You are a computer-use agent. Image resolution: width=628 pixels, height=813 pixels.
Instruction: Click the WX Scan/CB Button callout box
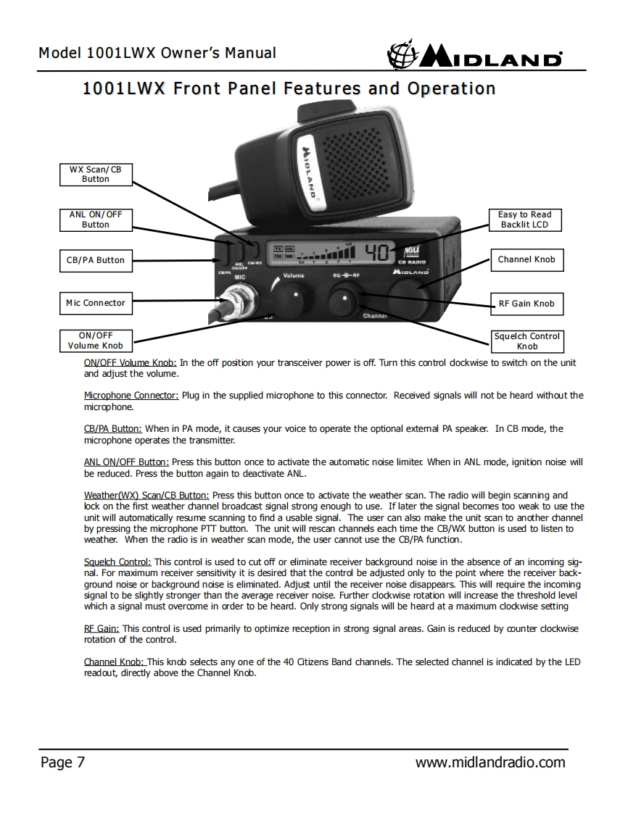[x=95, y=174]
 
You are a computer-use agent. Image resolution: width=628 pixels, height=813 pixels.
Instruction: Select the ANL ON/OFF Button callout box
[x=95, y=220]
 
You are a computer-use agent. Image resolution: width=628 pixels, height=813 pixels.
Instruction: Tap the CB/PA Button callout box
[x=95, y=260]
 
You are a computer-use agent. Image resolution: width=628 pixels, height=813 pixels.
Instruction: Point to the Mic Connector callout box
[x=95, y=303]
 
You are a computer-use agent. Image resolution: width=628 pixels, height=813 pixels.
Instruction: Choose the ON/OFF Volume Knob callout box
[x=95, y=341]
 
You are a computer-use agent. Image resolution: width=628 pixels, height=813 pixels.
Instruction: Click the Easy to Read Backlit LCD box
[x=524, y=220]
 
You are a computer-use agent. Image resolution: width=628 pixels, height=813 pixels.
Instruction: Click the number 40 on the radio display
[x=377, y=251]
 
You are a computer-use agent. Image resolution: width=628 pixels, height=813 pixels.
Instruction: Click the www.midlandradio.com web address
[x=489, y=762]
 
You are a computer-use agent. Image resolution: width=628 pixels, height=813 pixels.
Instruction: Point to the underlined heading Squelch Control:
[x=117, y=562]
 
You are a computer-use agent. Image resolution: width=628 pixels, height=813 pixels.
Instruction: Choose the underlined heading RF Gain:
[x=102, y=629]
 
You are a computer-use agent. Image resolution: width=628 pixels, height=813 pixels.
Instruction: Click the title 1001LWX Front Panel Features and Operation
[x=289, y=89]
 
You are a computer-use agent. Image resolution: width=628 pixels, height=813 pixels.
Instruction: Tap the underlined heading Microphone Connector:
[x=131, y=396]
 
